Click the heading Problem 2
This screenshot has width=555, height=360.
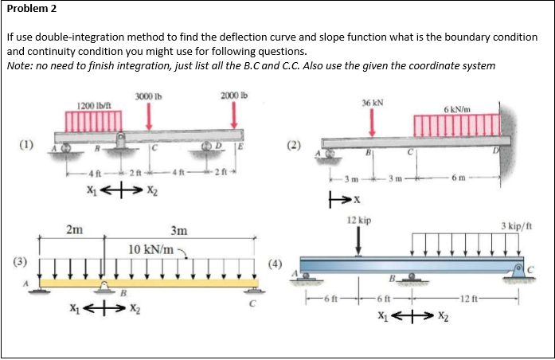click(x=30, y=10)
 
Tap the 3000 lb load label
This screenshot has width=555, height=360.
click(x=149, y=96)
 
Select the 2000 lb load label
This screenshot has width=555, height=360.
click(x=234, y=96)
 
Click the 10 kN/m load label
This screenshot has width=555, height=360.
click(x=150, y=250)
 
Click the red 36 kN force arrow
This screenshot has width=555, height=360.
click(x=372, y=122)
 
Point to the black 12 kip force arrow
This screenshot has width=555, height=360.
click(x=358, y=240)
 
